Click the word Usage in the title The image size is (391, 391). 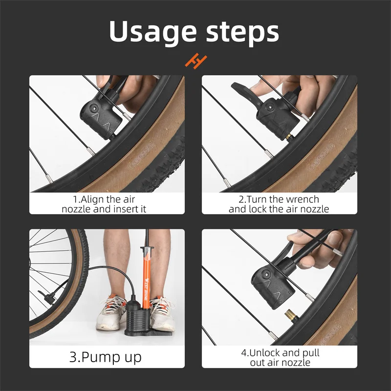[150, 31]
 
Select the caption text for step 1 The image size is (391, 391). [107, 204]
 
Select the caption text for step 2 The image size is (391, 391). [279, 204]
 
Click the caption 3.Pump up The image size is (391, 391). [106, 356]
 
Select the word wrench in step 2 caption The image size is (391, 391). [301, 199]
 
